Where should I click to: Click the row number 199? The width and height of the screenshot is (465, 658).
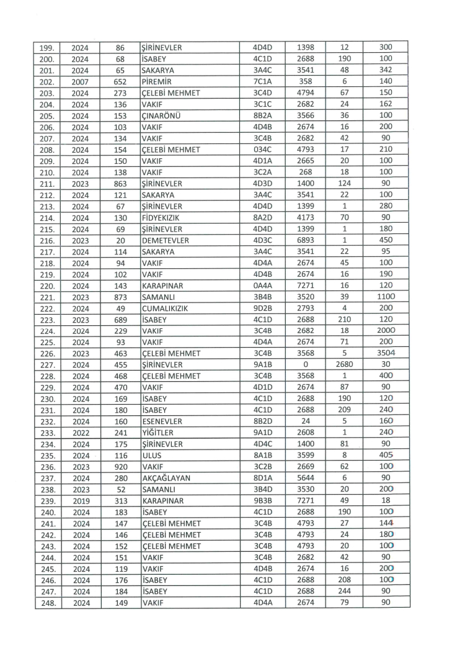coord(48,47)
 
